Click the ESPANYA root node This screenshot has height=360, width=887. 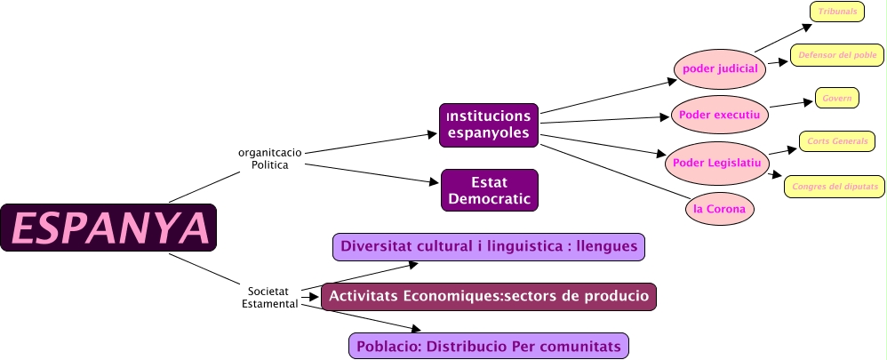point(108,228)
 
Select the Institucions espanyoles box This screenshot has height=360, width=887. point(489,125)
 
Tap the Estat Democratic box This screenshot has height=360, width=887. point(490,190)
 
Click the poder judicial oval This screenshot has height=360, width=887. point(720,68)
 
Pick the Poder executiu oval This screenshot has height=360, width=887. point(719,114)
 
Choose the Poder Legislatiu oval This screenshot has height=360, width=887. point(715,162)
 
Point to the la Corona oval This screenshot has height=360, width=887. point(719,210)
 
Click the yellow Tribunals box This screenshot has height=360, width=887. point(837,11)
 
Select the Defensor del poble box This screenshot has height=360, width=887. point(837,55)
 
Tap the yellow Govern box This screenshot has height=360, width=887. point(837,98)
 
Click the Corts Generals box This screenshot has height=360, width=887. point(837,141)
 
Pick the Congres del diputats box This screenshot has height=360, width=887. point(833,186)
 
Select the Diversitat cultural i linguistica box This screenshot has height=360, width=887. point(489,246)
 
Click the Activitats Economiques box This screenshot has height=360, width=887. point(489,296)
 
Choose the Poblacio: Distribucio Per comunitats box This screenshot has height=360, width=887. point(489,345)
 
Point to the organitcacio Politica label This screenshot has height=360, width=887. point(270,158)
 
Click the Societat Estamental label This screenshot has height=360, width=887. point(270,297)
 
